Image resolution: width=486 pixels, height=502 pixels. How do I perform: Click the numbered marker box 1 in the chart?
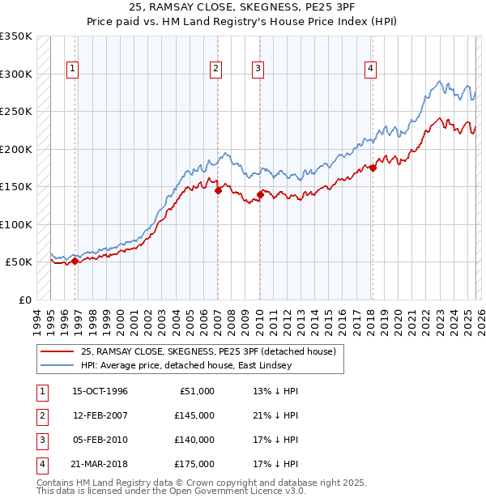click(x=73, y=70)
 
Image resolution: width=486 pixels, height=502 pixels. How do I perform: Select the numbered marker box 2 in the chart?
click(x=216, y=70)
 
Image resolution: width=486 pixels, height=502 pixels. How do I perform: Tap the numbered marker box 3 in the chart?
click(x=258, y=70)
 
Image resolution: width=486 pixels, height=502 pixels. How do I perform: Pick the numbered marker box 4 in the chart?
click(x=370, y=70)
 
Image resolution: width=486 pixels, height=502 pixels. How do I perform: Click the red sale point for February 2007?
click(x=218, y=191)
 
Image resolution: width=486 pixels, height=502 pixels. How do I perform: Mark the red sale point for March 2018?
click(x=373, y=168)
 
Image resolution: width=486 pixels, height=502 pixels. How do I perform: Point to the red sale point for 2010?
click(x=260, y=194)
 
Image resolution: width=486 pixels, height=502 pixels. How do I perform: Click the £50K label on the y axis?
click(x=19, y=262)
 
